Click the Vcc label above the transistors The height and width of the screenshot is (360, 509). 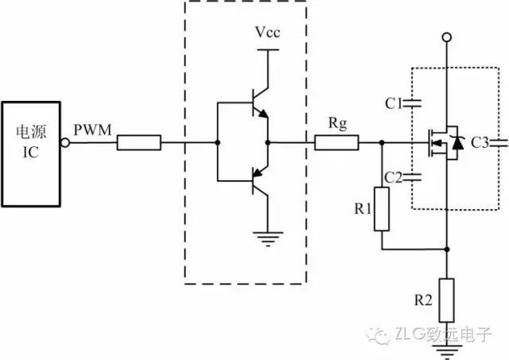click(267, 32)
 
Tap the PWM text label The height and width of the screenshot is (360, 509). click(92, 130)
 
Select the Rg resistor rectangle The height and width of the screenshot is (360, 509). click(336, 143)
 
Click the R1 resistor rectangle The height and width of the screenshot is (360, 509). click(382, 209)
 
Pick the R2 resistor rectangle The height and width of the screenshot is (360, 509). click(447, 300)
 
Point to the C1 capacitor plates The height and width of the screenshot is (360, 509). click(412, 103)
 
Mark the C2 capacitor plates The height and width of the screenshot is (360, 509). click(412, 176)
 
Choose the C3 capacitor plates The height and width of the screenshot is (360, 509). click(499, 143)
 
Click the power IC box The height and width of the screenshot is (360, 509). click(31, 154)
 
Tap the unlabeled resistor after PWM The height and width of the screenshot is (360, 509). click(139, 143)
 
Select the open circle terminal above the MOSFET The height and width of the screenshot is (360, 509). click(447, 37)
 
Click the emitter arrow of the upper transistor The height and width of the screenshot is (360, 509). click(262, 114)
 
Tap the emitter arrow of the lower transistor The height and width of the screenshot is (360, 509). click(258, 172)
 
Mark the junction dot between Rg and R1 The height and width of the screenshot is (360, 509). click(382, 143)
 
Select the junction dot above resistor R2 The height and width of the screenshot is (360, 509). click(447, 250)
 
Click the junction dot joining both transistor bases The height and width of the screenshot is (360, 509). click(218, 143)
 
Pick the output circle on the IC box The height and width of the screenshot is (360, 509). click(65, 143)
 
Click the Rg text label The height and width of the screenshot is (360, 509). click(337, 123)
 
